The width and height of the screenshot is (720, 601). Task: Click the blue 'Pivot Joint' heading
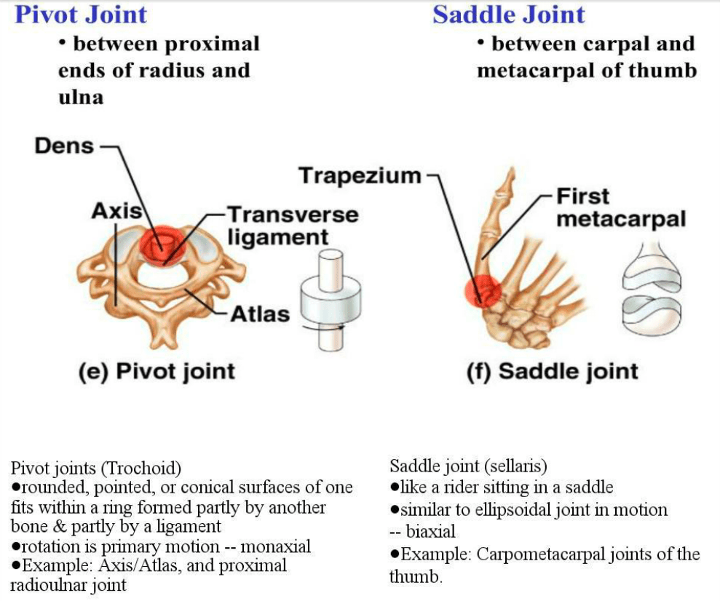tap(81, 15)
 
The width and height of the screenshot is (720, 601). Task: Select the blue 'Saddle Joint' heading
tap(508, 15)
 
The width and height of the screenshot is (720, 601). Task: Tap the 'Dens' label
tap(64, 146)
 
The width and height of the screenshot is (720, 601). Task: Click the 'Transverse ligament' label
tap(292, 226)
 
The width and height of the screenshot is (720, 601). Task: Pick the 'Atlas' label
tap(260, 314)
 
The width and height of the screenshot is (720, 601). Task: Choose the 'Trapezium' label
tap(360, 175)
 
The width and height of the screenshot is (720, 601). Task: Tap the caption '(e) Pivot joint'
tap(157, 372)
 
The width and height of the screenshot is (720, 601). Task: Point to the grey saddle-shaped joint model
tap(651, 291)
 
